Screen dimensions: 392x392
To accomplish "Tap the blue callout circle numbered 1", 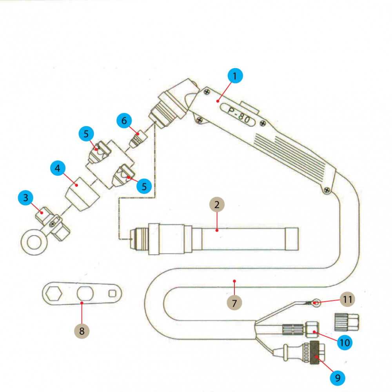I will click(235, 76).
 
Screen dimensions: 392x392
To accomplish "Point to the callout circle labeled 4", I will click(58, 169).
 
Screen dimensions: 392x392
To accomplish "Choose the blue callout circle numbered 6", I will click(124, 121).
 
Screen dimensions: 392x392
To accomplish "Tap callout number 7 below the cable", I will click(234, 302).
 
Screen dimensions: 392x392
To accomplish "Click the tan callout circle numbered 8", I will click(82, 331).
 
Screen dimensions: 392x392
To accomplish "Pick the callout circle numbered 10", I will click(345, 342).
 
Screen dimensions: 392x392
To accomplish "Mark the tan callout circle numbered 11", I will click(347, 299).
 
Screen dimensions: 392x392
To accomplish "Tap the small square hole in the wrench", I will click(113, 293).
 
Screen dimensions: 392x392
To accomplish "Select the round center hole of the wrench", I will click(85, 293).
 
